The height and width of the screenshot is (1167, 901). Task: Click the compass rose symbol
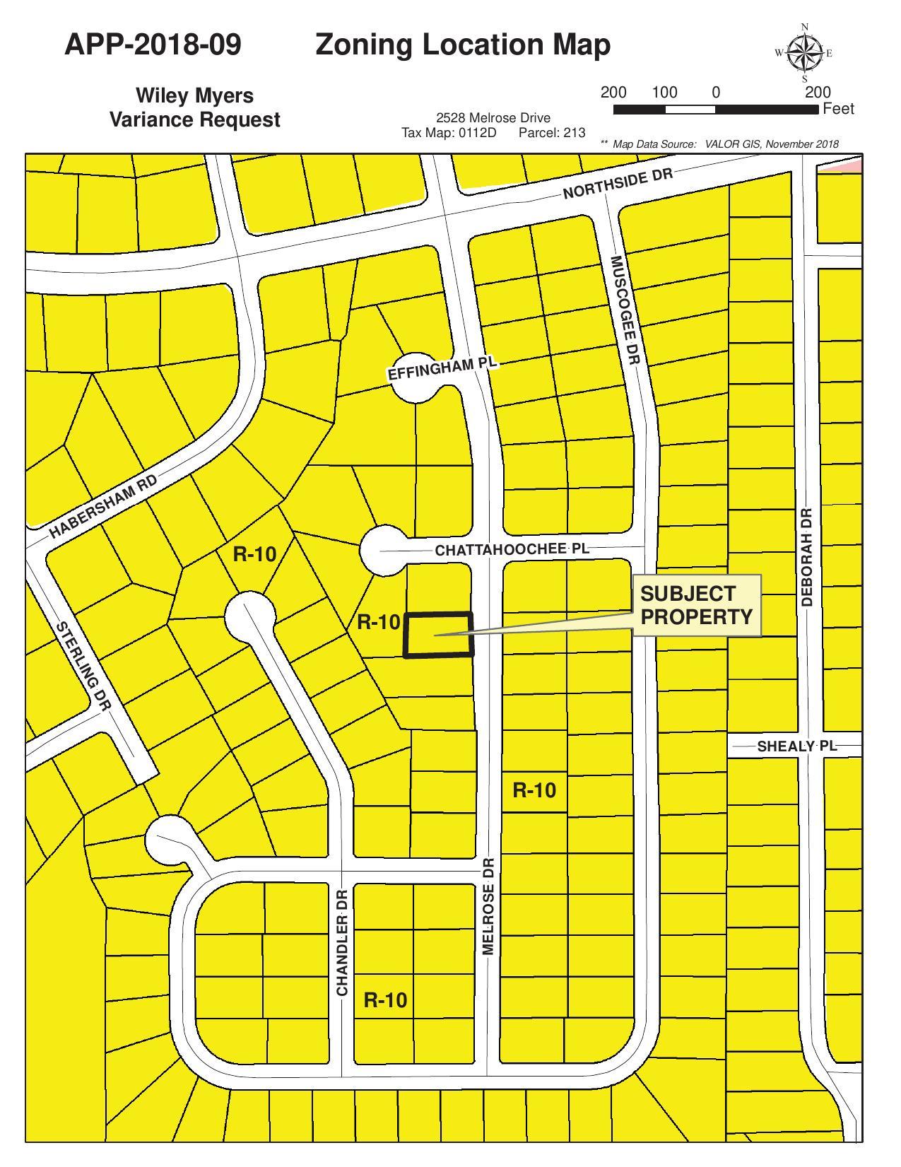click(x=805, y=53)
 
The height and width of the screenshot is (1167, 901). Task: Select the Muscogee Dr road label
click(x=625, y=310)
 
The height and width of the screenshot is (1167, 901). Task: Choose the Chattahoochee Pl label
click(x=512, y=549)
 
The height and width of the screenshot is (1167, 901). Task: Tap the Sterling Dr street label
click(x=83, y=666)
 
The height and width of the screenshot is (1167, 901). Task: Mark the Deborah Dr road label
click(x=808, y=557)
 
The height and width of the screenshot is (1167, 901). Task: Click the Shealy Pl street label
click(x=796, y=746)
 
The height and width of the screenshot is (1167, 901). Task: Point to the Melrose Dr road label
click(x=488, y=906)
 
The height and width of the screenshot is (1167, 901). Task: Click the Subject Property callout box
click(x=696, y=605)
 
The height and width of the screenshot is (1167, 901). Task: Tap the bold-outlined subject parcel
click(x=439, y=635)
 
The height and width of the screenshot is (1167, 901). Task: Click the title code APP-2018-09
click(x=153, y=45)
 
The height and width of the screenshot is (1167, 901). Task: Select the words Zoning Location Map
click(x=463, y=45)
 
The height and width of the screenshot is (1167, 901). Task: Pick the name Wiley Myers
click(x=194, y=95)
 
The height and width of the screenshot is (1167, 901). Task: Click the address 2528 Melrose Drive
click(x=493, y=118)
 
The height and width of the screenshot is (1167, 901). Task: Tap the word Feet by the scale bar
click(x=838, y=109)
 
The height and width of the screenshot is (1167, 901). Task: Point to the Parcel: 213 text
click(x=551, y=132)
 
